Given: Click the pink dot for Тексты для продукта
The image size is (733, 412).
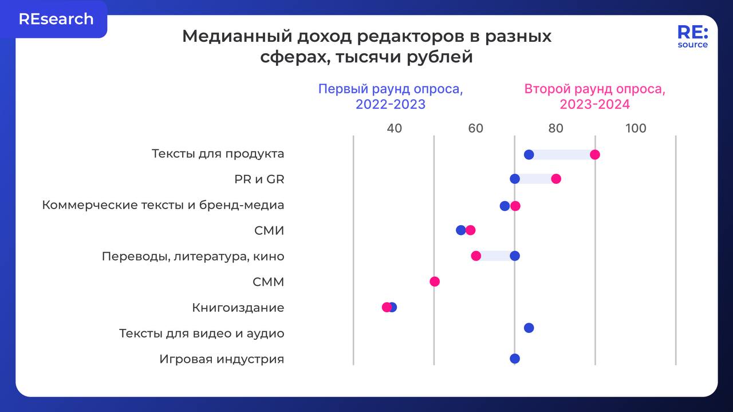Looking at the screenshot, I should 595,154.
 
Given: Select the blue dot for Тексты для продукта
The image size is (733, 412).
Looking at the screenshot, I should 529,154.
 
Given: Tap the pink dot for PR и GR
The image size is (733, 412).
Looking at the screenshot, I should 555,179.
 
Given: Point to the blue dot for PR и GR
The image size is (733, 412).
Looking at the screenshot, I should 515,179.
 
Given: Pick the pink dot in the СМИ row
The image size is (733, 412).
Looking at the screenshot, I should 470,230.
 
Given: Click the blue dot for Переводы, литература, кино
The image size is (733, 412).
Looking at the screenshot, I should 515,256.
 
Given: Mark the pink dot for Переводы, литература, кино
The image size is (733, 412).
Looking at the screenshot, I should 476,256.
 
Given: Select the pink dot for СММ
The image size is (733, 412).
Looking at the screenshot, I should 435,281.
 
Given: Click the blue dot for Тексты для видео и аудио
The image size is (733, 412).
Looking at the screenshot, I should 529,328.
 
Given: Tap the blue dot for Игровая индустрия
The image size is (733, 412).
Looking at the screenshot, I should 515,359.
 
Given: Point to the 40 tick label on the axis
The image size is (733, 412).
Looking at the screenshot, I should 394,128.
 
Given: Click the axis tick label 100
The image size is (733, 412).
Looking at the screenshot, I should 636,128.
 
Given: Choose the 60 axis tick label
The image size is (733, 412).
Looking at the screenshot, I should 475,128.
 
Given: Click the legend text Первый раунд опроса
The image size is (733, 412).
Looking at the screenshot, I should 391,90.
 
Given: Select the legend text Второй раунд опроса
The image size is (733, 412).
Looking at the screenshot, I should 594,90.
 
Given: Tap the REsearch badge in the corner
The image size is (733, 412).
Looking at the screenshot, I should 56,19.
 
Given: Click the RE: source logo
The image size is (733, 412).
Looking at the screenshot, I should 692,36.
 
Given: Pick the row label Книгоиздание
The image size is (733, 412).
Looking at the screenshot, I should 238,308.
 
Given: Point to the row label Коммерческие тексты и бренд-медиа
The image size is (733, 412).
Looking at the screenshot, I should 163,205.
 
